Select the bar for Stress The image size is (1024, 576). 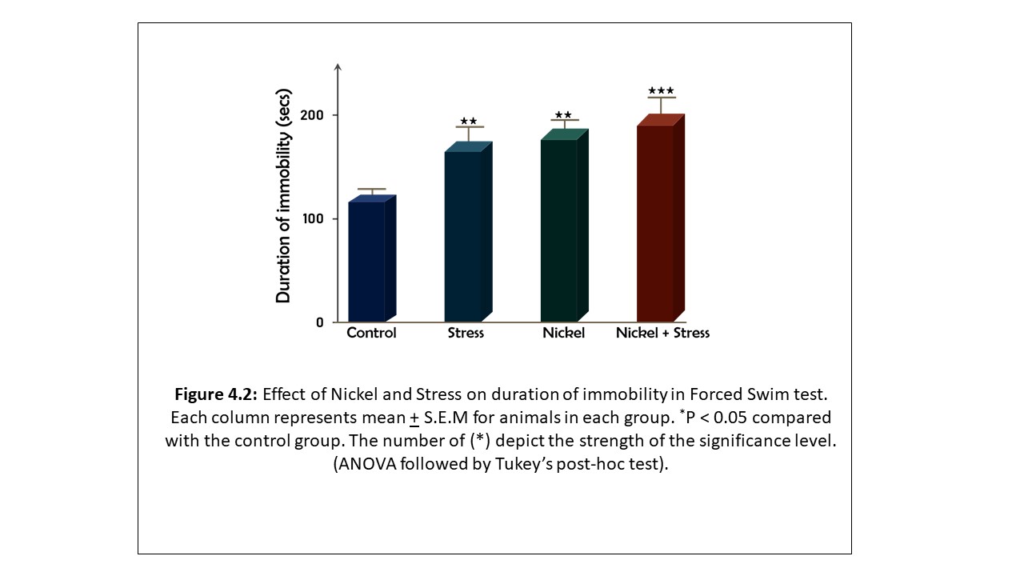coord(463,236)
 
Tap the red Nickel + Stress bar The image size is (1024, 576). coord(655,223)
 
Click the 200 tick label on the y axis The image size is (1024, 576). coord(312,115)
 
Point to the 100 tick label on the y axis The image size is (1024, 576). coord(313,218)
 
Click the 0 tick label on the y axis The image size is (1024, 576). coord(319,322)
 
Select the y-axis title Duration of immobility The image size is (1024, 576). coord(283,196)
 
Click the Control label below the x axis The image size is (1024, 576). coord(371,333)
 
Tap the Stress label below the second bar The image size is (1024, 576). coord(466,333)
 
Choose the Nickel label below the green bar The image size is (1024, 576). coord(563,333)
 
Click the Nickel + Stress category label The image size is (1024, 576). coord(662,333)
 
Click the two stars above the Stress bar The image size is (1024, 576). coord(468,122)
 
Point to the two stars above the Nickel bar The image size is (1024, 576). coord(563,115)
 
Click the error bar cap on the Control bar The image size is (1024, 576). coord(372,189)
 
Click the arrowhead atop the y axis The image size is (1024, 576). coord(338,66)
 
